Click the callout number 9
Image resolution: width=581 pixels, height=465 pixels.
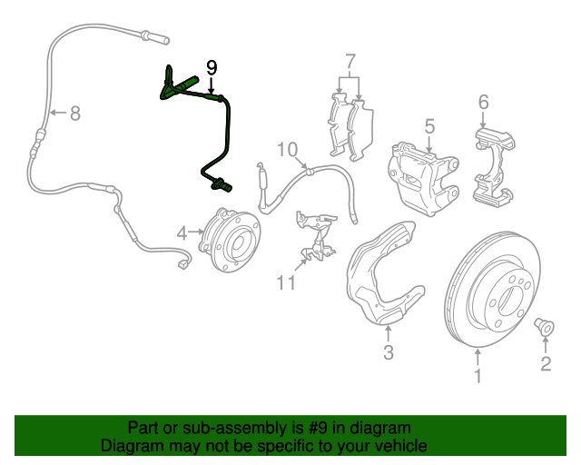tap(212, 67)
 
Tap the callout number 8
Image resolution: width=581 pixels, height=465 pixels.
tap(74, 114)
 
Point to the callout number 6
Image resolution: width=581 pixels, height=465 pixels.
tap(483, 101)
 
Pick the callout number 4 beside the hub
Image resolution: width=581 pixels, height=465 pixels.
tap(182, 233)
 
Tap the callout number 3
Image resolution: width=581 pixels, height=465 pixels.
tap(388, 352)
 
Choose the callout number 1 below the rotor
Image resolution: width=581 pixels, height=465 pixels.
tap(479, 373)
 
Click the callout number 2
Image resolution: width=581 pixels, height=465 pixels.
tap(546, 364)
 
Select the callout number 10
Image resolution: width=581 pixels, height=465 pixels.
tap(287, 148)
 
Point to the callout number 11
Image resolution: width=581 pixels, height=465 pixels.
tap(287, 283)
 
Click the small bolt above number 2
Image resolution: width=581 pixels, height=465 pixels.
tap(546, 324)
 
